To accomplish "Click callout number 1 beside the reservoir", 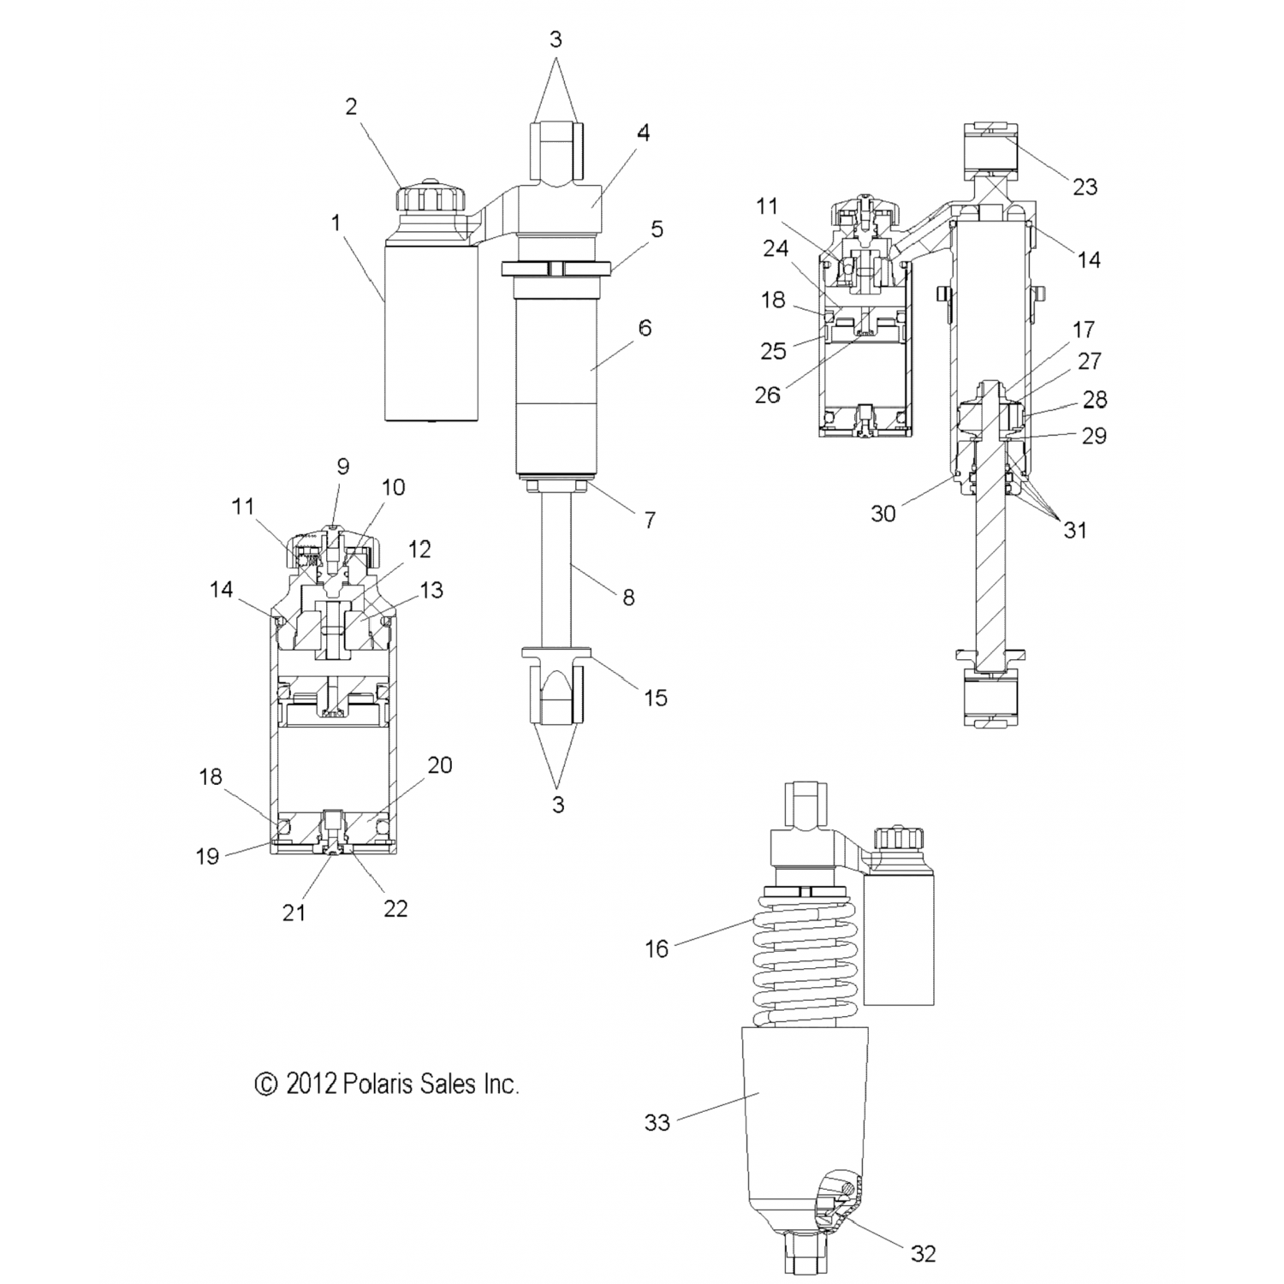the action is tap(336, 223).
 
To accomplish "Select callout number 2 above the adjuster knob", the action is tap(351, 107).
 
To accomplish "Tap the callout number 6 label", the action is tap(645, 327).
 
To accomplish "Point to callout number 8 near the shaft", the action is tap(628, 597).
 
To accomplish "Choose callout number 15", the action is tap(655, 698).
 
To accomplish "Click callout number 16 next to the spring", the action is tap(657, 948).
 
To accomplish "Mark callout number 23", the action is tap(1085, 187).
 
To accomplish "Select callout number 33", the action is tap(657, 1122).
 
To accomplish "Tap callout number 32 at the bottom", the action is tap(923, 1254).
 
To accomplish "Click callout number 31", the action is tap(1074, 531).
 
